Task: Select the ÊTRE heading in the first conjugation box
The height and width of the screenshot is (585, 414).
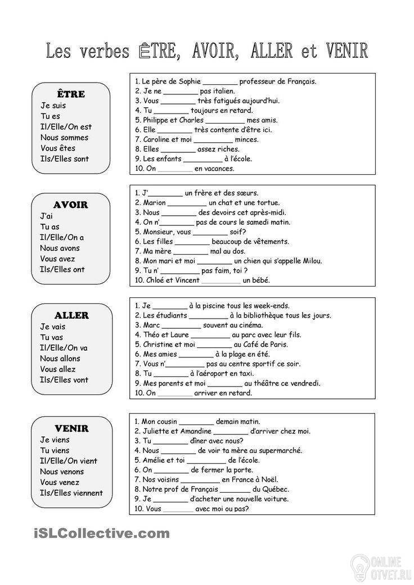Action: pyautogui.click(x=71, y=94)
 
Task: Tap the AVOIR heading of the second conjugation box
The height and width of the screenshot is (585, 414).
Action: pyautogui.click(x=71, y=205)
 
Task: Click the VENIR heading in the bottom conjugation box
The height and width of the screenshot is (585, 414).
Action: pyautogui.click(x=71, y=428)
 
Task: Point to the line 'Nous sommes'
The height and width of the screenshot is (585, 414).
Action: pyautogui.click(x=64, y=137)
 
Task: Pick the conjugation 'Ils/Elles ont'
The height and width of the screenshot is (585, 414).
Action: pyautogui.click(x=62, y=269)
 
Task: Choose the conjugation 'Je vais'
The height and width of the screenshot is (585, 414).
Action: pyautogui.click(x=53, y=326)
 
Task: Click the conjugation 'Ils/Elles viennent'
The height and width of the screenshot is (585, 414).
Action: pyautogui.click(x=71, y=493)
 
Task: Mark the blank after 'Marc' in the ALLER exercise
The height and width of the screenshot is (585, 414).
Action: pyautogui.click(x=181, y=325)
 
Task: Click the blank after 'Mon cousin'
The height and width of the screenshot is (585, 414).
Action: pyautogui.click(x=197, y=421)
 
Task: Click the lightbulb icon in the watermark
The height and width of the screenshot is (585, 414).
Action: pyautogui.click(x=360, y=563)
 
